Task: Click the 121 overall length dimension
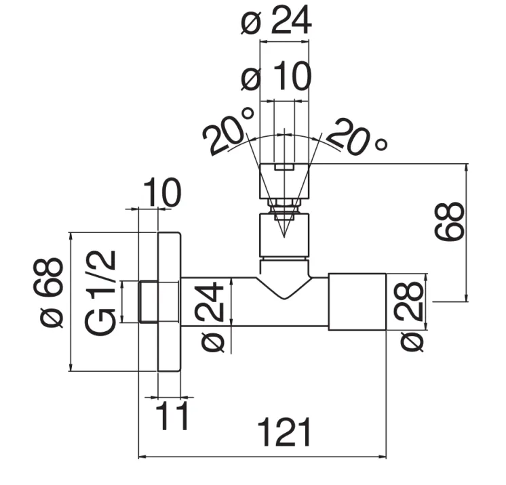285,433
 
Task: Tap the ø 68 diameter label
50,291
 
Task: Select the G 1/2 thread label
101,292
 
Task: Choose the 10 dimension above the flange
162,194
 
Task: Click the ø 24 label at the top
276,22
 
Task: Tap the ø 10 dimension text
276,79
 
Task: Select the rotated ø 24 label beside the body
212,316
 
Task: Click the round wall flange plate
170,302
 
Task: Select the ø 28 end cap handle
357,302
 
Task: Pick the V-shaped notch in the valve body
284,288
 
